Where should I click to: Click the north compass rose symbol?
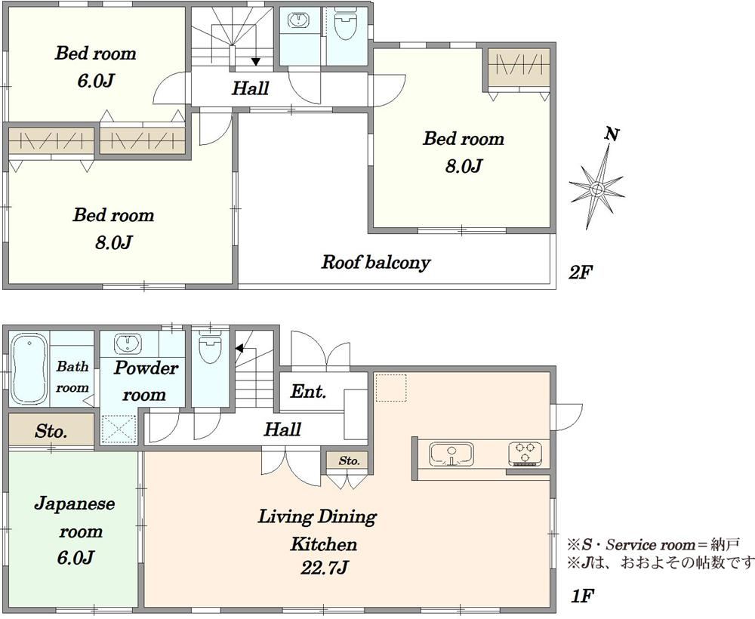click(596, 186)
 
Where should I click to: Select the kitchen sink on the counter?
click(451, 455)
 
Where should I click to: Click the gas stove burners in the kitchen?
click(525, 453)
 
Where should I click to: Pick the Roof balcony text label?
click(375, 263)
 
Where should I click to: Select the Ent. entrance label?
click(308, 392)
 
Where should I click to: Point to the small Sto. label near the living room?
click(349, 460)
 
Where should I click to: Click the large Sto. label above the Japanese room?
click(51, 433)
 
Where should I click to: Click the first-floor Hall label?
click(282, 430)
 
